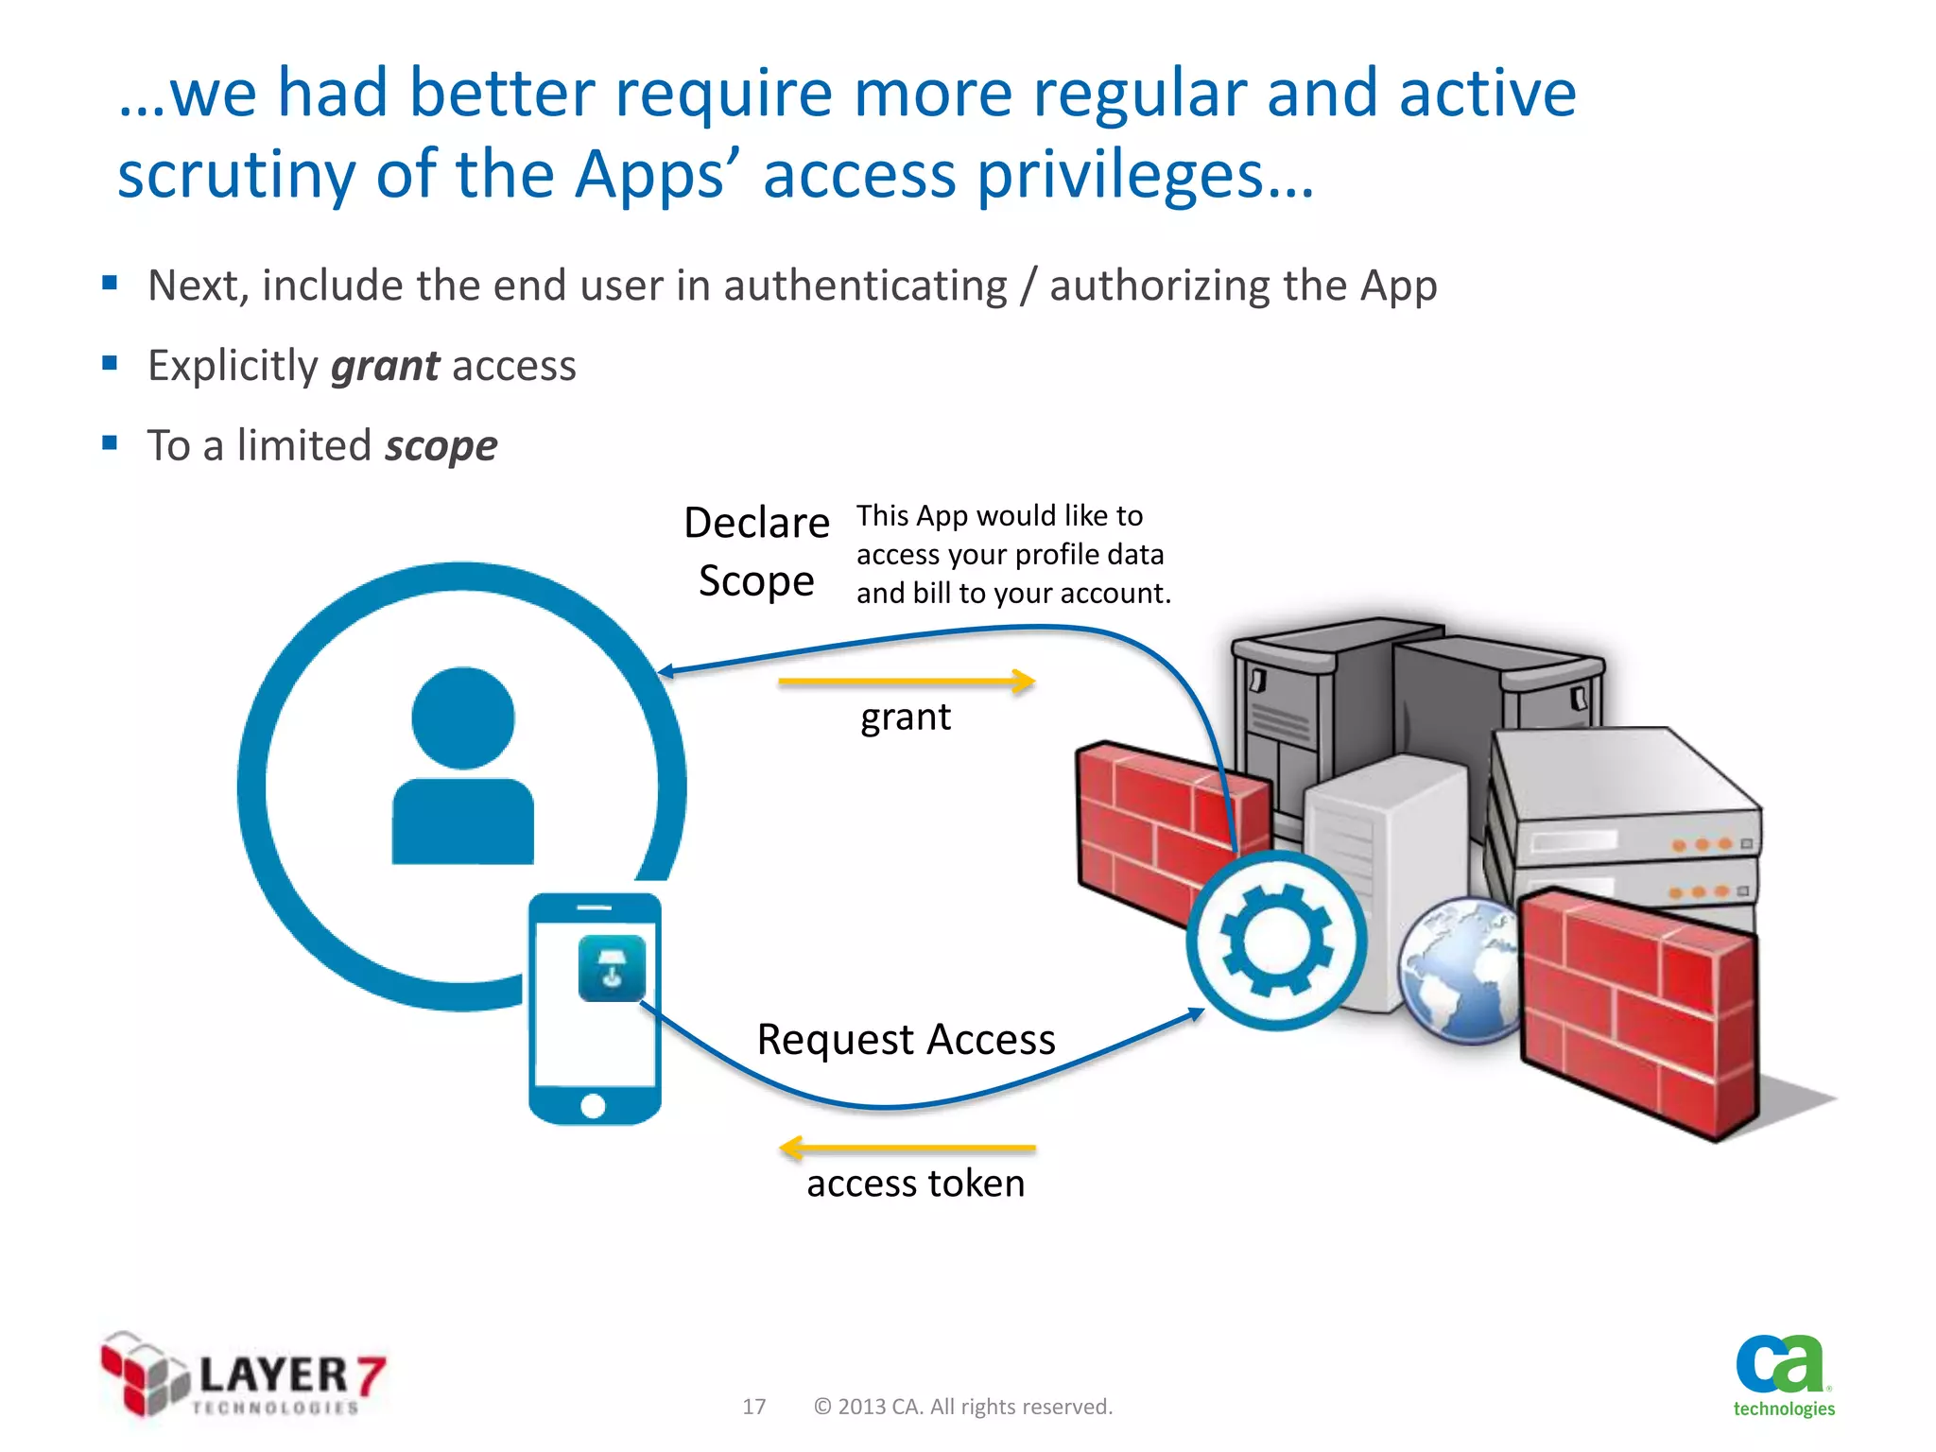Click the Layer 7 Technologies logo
tap(243, 1375)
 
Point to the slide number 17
tap(753, 1407)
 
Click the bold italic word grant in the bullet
tap(385, 366)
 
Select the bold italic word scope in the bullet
tap(441, 446)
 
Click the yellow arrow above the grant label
tap(906, 681)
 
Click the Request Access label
tap(906, 1040)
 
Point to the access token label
tap(915, 1184)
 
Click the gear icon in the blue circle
tap(1276, 940)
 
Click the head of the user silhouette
tap(463, 717)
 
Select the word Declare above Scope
tap(756, 523)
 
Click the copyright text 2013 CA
tap(962, 1407)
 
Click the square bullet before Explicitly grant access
tap(110, 363)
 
